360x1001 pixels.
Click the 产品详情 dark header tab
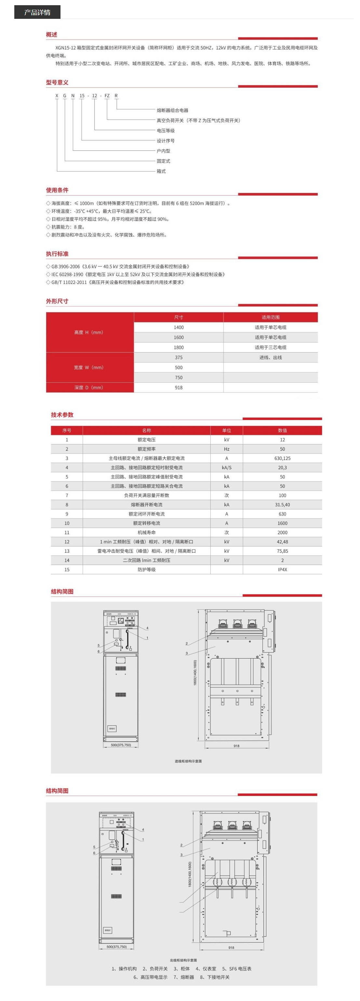[37, 12]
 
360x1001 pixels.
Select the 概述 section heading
[51, 34]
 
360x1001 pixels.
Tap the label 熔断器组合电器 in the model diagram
[172, 110]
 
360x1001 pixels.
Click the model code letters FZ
[107, 96]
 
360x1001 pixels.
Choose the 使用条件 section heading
[57, 190]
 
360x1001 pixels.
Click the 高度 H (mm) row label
[89, 332]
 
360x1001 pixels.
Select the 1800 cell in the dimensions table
[179, 347]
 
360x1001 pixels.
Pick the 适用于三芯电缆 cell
[270, 347]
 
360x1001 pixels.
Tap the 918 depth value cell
[179, 387]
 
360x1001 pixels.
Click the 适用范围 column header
[270, 317]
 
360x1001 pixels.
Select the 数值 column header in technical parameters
[282, 430]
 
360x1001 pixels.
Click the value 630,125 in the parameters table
[282, 458]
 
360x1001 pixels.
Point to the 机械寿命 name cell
[147, 533]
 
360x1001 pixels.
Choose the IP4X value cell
[282, 569]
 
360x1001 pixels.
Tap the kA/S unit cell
[227, 468]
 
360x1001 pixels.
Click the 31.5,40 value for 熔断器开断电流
[282, 504]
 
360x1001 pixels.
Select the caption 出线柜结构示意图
[183, 960]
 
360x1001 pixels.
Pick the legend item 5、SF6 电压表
[236, 969]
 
